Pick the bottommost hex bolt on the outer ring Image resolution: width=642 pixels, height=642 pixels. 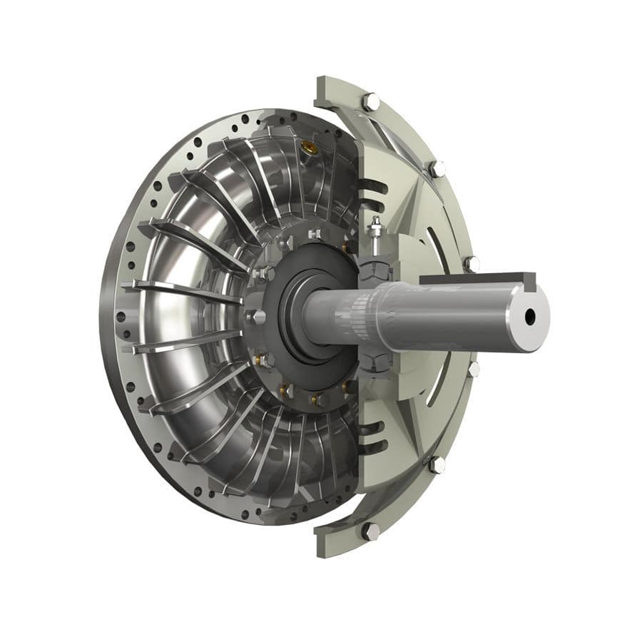click(370, 531)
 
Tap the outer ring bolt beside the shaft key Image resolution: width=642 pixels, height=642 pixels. click(472, 263)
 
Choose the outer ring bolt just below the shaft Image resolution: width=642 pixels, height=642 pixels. click(473, 368)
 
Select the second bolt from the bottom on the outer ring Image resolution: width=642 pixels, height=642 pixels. click(436, 464)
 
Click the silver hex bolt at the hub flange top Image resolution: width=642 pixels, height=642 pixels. click(313, 234)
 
